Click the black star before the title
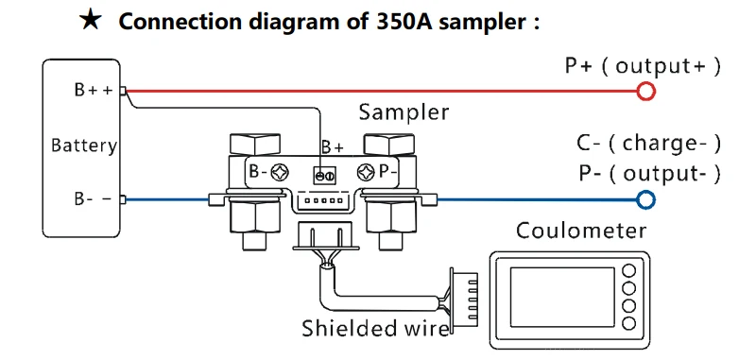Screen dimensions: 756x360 91,20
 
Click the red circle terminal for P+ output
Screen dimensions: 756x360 645,91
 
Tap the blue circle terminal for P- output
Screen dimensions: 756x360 645,199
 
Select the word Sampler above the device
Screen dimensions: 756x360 404,112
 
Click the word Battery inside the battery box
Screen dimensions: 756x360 84,146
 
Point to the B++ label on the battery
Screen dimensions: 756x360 94,90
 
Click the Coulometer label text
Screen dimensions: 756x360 580,231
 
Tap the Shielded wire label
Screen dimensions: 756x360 375,328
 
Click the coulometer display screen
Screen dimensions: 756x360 562,297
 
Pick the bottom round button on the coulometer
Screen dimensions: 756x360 628,323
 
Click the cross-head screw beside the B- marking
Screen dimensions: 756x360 280,172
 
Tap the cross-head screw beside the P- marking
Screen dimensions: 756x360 367,172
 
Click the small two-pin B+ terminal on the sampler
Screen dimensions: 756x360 324,176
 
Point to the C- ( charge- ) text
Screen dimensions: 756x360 648,144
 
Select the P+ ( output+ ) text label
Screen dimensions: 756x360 643,66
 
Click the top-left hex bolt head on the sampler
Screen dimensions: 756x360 255,145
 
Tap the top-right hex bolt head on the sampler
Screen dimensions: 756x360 389,145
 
